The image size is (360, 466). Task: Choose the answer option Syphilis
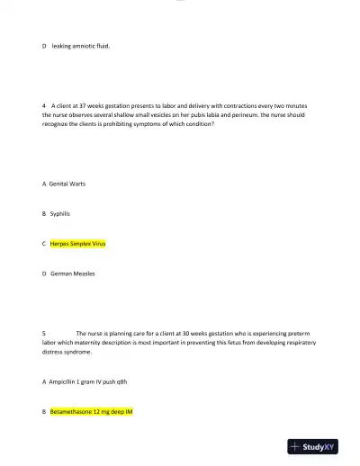60,213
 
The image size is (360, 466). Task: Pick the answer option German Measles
73,273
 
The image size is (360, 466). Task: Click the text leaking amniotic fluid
80,42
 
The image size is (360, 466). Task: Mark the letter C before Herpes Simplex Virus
44,243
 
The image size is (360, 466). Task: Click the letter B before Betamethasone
44,411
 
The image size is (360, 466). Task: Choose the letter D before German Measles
44,273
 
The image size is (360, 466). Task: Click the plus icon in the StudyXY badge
295,446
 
